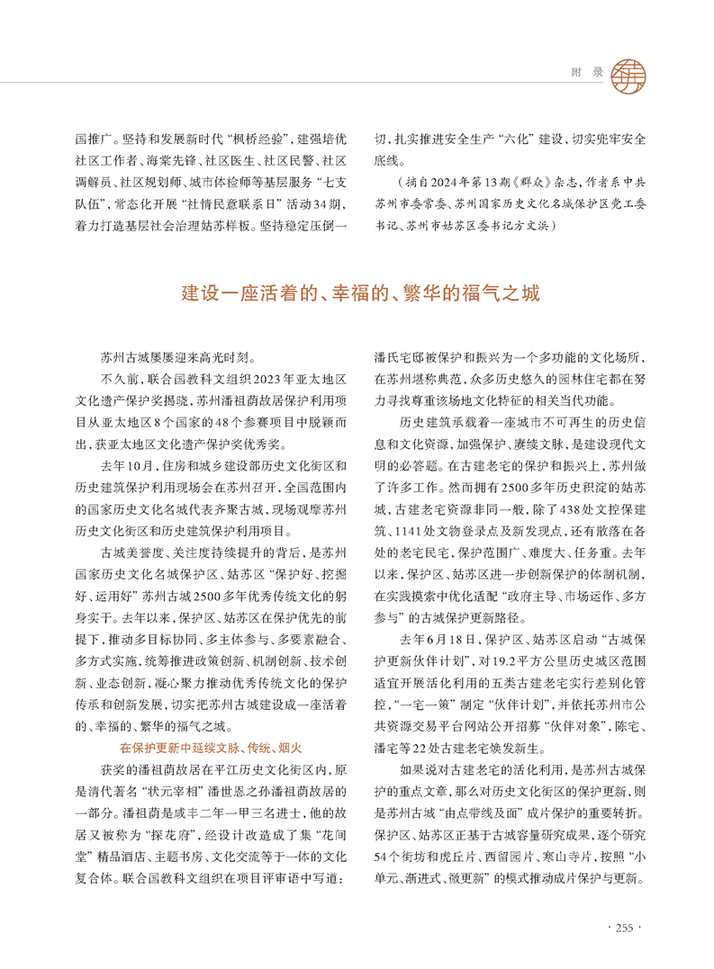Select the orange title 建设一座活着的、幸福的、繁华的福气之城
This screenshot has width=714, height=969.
coord(357,294)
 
